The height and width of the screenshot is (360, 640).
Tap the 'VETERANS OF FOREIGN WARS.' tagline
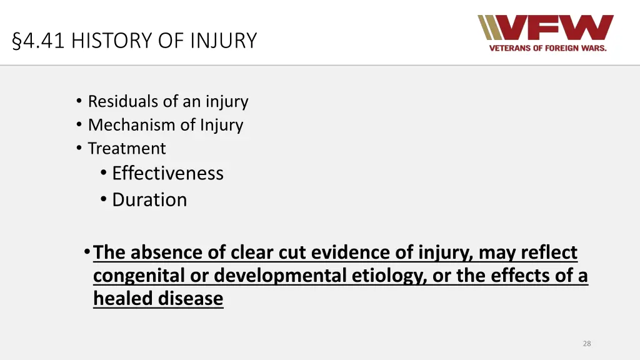click(x=547, y=48)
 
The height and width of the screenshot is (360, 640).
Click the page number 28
click(x=586, y=343)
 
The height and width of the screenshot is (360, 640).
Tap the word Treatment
click(x=127, y=149)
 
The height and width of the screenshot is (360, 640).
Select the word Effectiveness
click(x=167, y=173)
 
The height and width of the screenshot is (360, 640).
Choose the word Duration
click(x=149, y=200)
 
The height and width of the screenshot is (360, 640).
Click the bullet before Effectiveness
click(x=103, y=173)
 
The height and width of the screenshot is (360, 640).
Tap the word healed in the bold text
click(x=122, y=299)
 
